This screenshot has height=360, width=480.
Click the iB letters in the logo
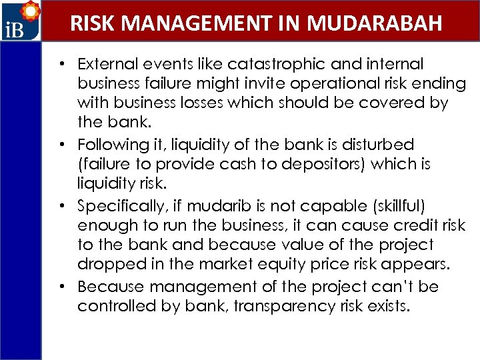tap(15, 31)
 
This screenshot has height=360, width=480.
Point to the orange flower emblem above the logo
tap(30, 11)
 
